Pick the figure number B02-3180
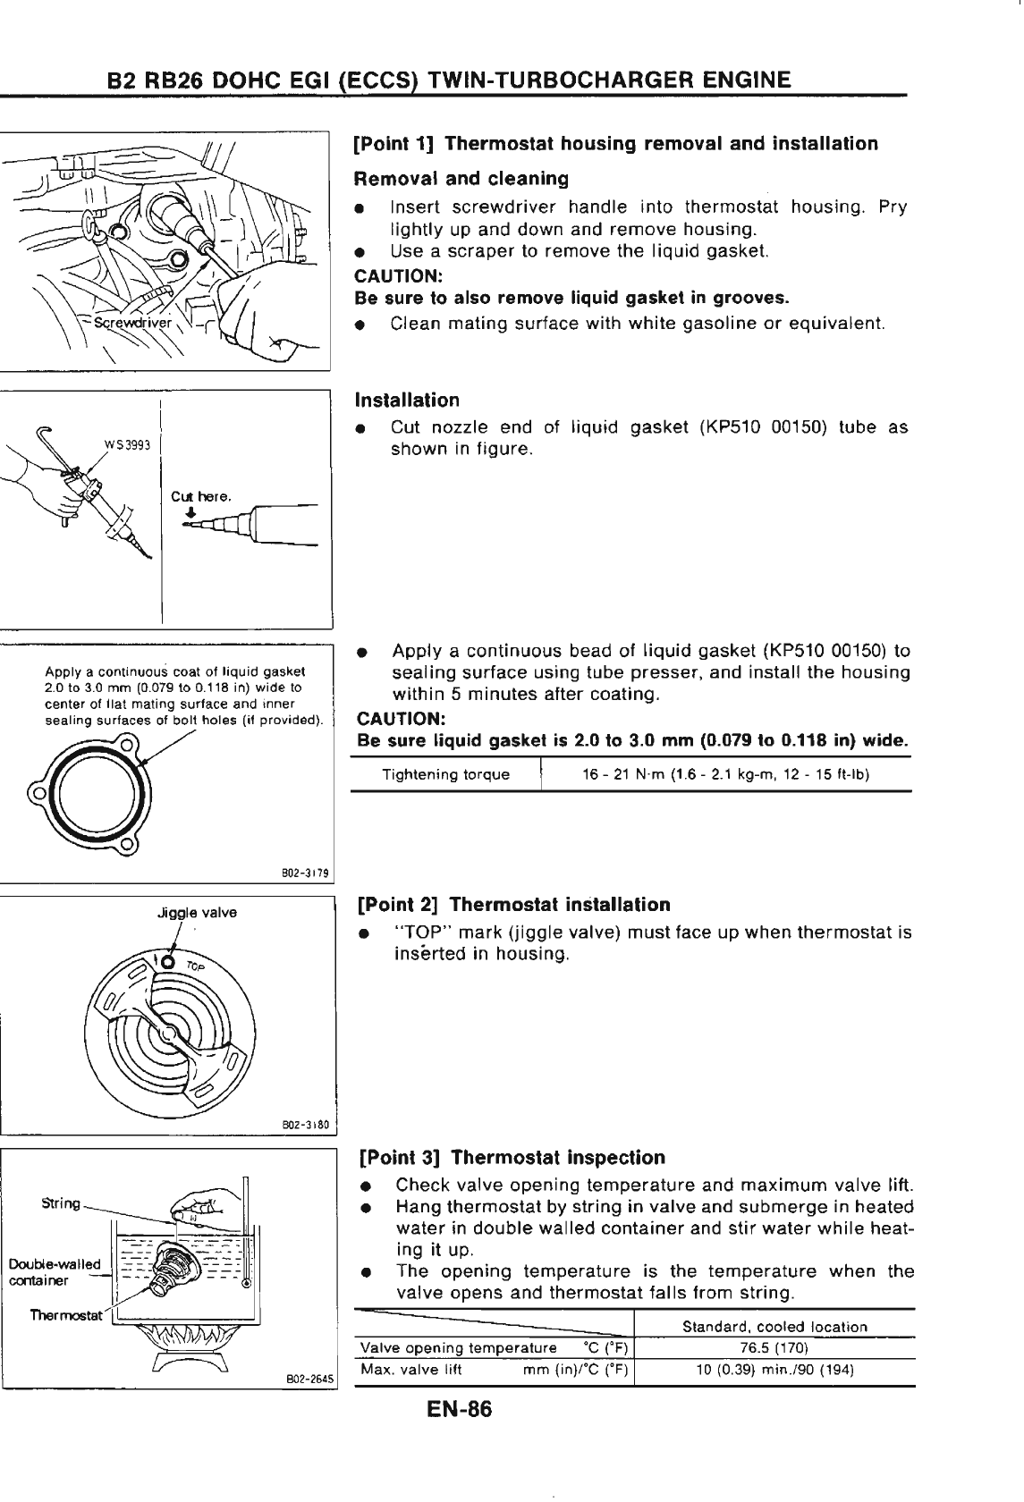point(306,1124)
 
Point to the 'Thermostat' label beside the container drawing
point(65,1315)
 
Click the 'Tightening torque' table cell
point(445,774)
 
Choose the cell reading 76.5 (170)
point(774,1348)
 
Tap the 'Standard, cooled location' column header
point(774,1327)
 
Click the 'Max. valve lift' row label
point(410,1371)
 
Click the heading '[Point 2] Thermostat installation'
point(513,905)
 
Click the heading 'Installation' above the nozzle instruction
point(408,400)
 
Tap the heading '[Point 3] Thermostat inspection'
point(511,1158)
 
